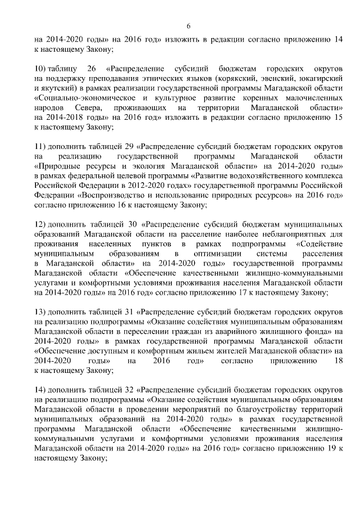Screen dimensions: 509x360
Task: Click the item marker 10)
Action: click(40, 69)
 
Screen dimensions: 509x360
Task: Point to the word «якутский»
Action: click(60, 89)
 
